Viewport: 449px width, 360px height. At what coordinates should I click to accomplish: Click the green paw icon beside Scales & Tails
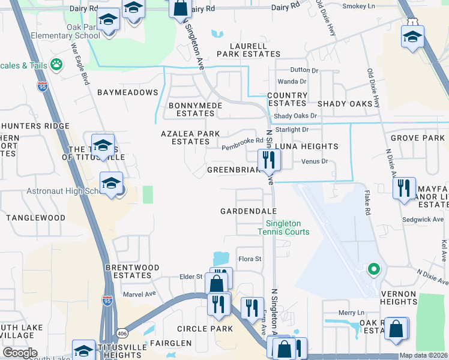click(x=57, y=64)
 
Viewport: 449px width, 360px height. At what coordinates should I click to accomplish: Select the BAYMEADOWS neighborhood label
click(x=127, y=92)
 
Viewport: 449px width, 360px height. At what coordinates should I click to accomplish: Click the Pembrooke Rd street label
click(x=243, y=141)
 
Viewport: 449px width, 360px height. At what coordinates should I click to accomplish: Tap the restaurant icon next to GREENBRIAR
click(x=268, y=160)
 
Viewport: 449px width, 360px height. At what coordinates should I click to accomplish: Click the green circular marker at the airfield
click(x=373, y=269)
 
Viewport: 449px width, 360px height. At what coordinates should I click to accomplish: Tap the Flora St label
click(x=250, y=259)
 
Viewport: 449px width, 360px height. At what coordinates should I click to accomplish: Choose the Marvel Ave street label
click(x=139, y=294)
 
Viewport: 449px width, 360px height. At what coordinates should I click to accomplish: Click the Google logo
click(x=20, y=353)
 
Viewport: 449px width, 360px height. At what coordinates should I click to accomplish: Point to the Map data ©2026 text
click(x=423, y=355)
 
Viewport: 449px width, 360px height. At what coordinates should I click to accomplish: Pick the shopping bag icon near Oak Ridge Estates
click(x=396, y=329)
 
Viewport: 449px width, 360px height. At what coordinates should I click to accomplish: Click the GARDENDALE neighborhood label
click(x=248, y=211)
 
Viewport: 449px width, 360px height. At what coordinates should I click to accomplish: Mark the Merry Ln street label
click(x=352, y=313)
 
